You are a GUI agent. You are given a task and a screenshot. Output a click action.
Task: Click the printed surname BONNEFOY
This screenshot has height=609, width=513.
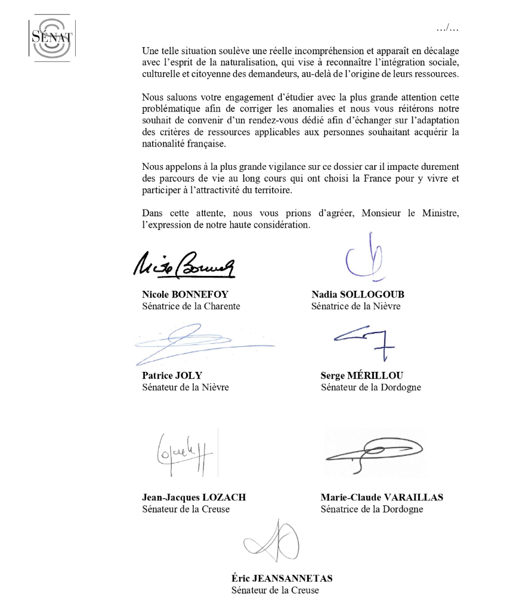(x=203, y=294)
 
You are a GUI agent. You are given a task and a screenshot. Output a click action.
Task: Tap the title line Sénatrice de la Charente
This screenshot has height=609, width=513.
(x=191, y=306)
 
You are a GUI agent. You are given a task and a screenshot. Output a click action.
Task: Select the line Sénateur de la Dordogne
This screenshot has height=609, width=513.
(x=370, y=387)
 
